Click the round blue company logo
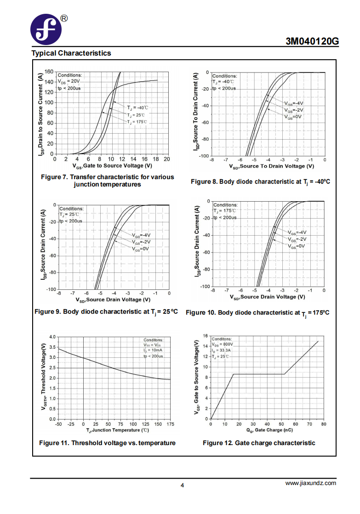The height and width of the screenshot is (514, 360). [46, 29]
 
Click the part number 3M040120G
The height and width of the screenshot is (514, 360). [312, 41]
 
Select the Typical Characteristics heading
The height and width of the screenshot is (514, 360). [71, 53]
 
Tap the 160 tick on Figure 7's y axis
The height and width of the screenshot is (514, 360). [49, 72]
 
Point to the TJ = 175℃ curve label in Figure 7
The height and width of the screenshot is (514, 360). [137, 122]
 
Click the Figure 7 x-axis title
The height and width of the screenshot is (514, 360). [112, 166]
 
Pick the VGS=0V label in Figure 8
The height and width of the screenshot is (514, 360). [293, 117]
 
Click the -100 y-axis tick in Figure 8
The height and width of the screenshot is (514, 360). [204, 156]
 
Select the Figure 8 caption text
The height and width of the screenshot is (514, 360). [261, 181]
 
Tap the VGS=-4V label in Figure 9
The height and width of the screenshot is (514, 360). [142, 235]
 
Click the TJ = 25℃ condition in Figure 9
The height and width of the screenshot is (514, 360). [69, 215]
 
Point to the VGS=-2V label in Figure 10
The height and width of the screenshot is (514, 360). [297, 239]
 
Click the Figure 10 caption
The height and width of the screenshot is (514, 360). [257, 313]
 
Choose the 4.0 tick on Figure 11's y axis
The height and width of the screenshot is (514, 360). [52, 337]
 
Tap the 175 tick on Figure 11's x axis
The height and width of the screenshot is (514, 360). [170, 424]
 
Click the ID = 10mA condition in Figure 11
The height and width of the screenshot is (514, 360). [153, 350]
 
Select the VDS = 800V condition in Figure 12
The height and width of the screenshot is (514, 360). [223, 345]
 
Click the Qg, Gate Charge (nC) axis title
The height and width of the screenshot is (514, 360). [269, 430]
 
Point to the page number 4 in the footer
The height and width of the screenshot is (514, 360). [183, 486]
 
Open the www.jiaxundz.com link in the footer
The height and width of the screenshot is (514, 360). [311, 483]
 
